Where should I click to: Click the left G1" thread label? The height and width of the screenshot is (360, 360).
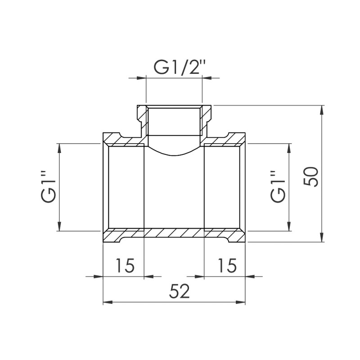click(x=49, y=187)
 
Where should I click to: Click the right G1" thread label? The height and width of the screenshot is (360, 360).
click(x=278, y=187)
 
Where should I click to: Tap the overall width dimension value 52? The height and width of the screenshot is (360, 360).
click(x=180, y=292)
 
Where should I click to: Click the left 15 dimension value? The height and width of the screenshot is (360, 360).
click(x=124, y=265)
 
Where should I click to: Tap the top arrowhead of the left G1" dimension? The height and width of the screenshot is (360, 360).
click(x=59, y=147)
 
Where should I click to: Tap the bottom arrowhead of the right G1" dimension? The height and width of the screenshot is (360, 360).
click(x=289, y=227)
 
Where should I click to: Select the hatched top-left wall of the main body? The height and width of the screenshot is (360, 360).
click(x=124, y=141)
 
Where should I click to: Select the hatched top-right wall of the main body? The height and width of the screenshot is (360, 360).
click(x=225, y=141)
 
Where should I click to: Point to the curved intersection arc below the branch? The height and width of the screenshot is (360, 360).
click(x=175, y=155)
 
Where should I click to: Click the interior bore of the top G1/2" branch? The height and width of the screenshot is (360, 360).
click(x=175, y=124)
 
